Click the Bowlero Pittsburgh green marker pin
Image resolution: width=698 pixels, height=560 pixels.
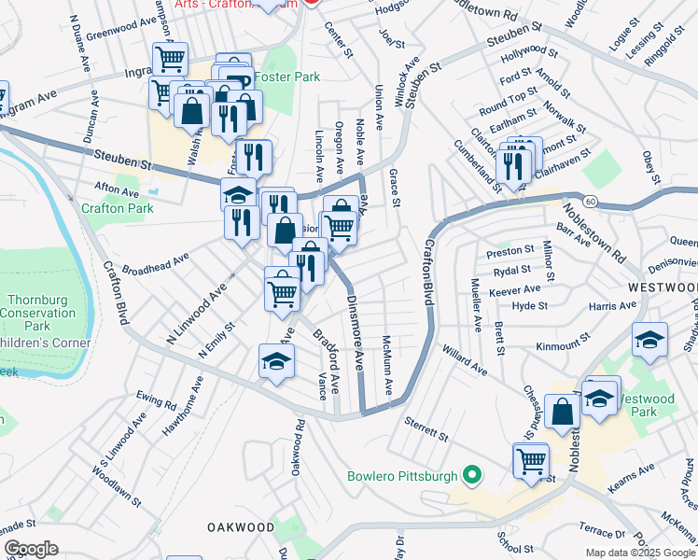472,476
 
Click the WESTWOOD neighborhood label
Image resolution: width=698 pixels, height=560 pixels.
663,287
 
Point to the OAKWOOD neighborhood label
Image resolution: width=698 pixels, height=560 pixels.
241,527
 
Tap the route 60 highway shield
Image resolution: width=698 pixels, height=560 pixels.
590,201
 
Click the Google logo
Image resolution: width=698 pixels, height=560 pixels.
31,548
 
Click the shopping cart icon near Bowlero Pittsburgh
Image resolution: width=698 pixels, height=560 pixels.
531,459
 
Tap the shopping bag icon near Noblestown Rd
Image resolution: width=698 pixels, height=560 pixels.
563,411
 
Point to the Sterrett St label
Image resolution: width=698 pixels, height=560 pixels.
427,428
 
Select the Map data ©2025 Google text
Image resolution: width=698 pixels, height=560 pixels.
640,552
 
